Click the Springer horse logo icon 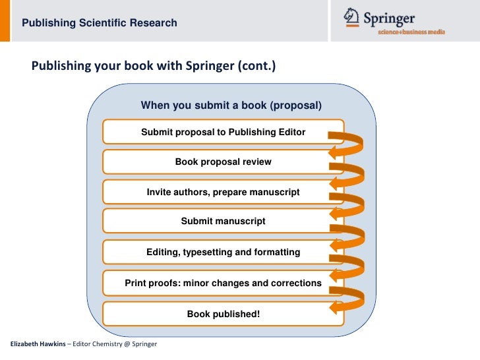point(352,16)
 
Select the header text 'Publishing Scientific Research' point(100,23)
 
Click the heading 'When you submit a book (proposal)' point(231,105)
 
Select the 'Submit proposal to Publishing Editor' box point(223,132)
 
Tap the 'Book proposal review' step point(223,162)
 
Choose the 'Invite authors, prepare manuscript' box point(223,192)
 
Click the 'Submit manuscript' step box point(223,222)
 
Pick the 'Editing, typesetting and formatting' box point(223,252)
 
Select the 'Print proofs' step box point(223,283)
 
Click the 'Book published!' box point(223,314)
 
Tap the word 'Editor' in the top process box point(291,132)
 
